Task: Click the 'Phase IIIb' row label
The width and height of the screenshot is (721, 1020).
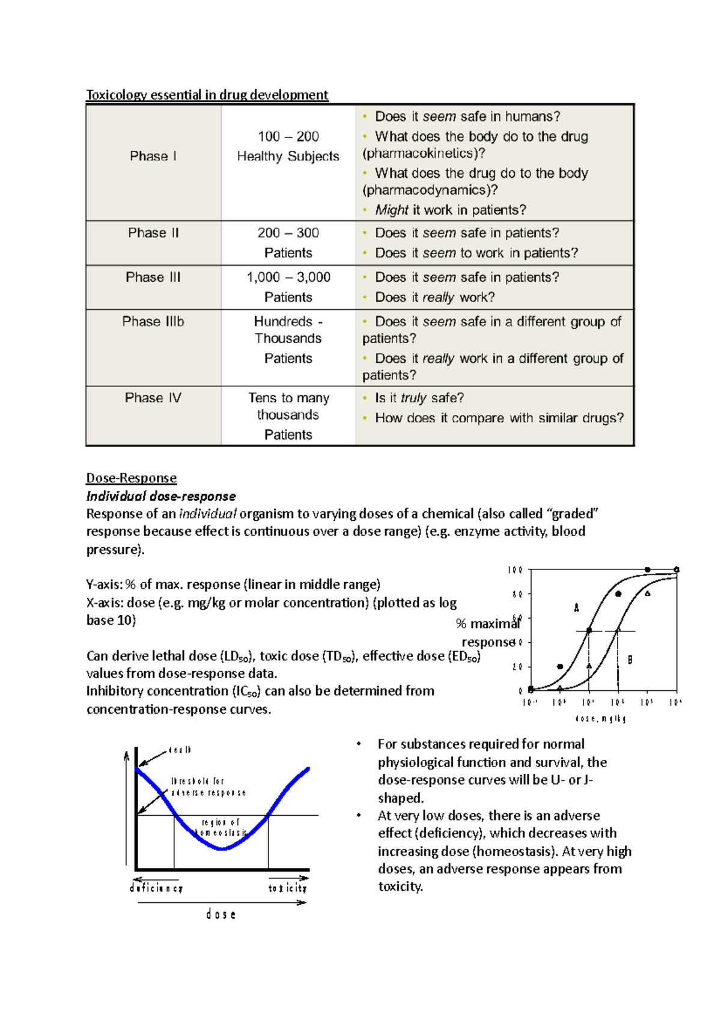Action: point(153,321)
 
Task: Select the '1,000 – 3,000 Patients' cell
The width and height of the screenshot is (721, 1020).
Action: point(288,287)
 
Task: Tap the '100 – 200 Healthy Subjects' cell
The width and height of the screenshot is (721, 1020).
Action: point(288,146)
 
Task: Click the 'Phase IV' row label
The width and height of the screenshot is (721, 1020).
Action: point(153,398)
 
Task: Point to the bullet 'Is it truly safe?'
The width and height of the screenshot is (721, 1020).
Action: point(419,398)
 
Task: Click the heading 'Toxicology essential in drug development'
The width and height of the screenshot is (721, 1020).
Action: point(207,94)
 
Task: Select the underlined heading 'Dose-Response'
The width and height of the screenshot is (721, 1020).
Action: point(131,478)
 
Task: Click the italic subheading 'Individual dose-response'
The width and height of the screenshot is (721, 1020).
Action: point(160,496)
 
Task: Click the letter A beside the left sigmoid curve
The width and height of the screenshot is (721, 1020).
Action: point(576,608)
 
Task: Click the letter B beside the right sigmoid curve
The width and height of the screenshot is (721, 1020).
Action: point(630,660)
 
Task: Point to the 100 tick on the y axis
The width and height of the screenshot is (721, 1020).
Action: point(515,570)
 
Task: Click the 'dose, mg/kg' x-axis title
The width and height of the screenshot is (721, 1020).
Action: point(600,718)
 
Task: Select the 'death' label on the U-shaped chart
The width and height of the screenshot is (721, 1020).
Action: point(180,750)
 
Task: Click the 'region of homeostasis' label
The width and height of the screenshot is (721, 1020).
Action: point(221,827)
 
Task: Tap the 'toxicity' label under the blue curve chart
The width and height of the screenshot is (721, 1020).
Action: point(287,888)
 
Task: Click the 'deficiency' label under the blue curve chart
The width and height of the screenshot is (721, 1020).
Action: point(156,888)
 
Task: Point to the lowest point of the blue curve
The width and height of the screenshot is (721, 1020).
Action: point(222,849)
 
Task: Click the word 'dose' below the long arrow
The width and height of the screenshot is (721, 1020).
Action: point(221,914)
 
